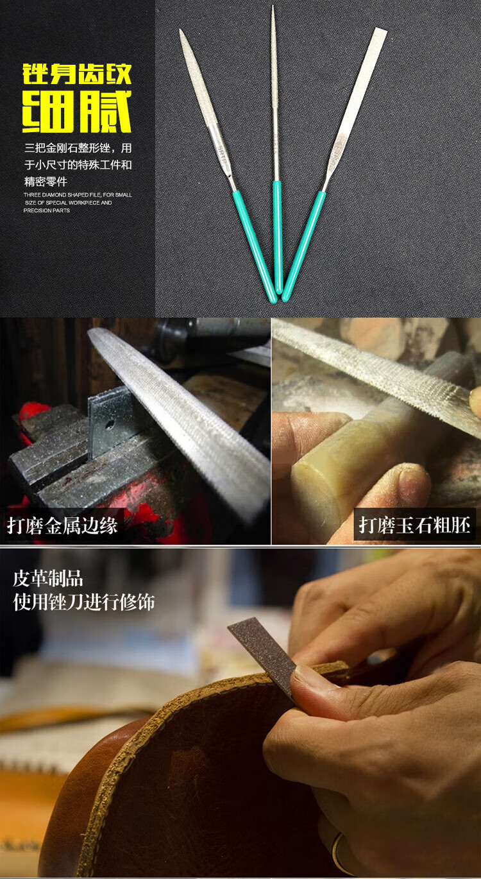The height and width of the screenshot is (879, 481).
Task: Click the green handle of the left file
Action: tap(255, 246)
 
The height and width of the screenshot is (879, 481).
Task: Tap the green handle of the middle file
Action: tap(278, 237)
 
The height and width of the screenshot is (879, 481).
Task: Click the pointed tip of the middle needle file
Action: tap(273, 6)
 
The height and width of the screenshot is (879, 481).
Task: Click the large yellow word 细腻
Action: tap(77, 112)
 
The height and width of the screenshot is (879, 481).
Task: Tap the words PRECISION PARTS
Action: tap(47, 210)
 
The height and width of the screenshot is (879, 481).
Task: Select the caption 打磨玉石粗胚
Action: tap(414, 525)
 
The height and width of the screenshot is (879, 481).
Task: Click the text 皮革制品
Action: tap(48, 579)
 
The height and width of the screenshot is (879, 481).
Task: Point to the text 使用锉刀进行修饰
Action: tap(84, 602)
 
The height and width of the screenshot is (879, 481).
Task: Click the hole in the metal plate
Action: tap(110, 424)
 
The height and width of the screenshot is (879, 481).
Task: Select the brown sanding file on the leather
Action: tap(263, 656)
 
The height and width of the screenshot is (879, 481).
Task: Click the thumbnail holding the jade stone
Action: tap(414, 481)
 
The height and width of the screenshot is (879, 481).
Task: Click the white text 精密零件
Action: tap(46, 182)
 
